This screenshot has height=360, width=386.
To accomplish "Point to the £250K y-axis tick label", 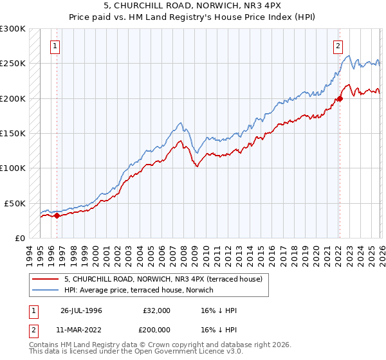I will (x=13, y=64).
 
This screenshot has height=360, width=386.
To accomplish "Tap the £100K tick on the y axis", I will (x=13, y=168).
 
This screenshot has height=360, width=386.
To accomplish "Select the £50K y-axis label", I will (x=15, y=203).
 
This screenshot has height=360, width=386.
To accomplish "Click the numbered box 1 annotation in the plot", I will (x=56, y=46).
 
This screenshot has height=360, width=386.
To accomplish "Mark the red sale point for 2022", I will (x=339, y=99).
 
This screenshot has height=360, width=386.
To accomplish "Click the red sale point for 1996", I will (x=57, y=215).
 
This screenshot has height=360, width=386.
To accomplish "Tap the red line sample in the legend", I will (x=46, y=280).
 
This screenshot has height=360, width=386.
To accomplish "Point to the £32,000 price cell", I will (x=157, y=310).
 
